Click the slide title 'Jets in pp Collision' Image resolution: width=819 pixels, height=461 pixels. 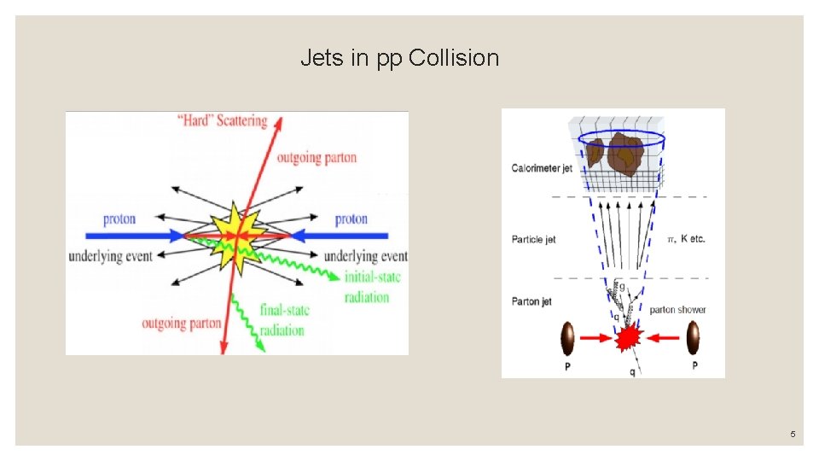click(399, 58)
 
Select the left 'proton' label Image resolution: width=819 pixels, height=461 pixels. click(119, 219)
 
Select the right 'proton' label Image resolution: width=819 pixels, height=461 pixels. click(351, 219)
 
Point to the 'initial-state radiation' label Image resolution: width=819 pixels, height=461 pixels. click(372, 287)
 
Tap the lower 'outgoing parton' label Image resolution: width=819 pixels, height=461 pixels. click(182, 324)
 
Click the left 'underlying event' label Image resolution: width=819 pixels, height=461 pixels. click(110, 256)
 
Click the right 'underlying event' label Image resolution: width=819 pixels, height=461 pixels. click(365, 256)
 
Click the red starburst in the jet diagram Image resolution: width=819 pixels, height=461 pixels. click(629, 338)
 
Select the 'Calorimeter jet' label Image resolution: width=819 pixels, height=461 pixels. click(542, 168)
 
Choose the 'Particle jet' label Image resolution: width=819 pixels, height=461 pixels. click(533, 239)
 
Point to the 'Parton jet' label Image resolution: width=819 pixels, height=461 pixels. click(531, 301)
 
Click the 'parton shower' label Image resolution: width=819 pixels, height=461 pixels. click(677, 309)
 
